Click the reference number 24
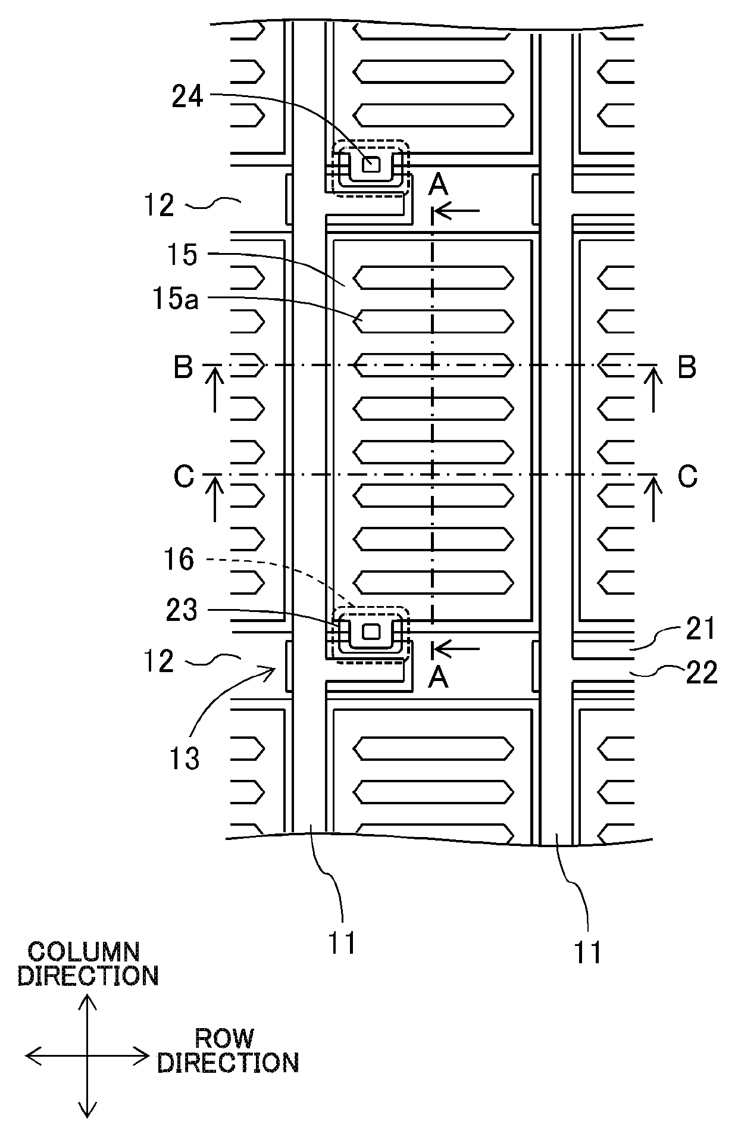[x=187, y=98]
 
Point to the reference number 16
[x=180, y=560]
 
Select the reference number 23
[x=182, y=611]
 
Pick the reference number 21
[x=701, y=629]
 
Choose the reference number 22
[x=702, y=673]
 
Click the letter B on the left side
[x=183, y=367]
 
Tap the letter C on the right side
[x=688, y=477]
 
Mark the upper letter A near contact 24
[x=439, y=185]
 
